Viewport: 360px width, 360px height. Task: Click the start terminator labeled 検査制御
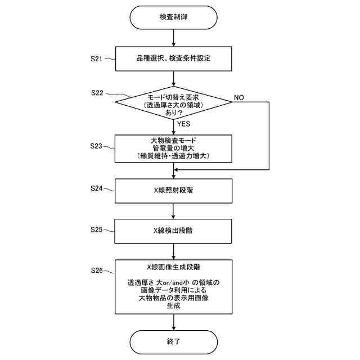(x=173, y=17)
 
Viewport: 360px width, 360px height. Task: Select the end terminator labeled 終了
(x=173, y=341)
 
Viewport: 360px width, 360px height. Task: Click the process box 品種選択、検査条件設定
(x=173, y=58)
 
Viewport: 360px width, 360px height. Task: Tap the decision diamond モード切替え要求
(x=173, y=102)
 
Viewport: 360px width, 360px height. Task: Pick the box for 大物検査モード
(x=173, y=147)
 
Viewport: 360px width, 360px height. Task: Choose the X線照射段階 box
(x=173, y=190)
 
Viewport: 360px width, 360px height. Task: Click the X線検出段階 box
(x=173, y=230)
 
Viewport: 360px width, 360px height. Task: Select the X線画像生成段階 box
(x=173, y=287)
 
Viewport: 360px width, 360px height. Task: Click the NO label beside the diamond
(x=238, y=97)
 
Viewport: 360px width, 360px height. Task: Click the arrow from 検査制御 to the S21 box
(x=173, y=38)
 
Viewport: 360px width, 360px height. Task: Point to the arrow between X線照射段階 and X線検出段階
(x=173, y=210)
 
